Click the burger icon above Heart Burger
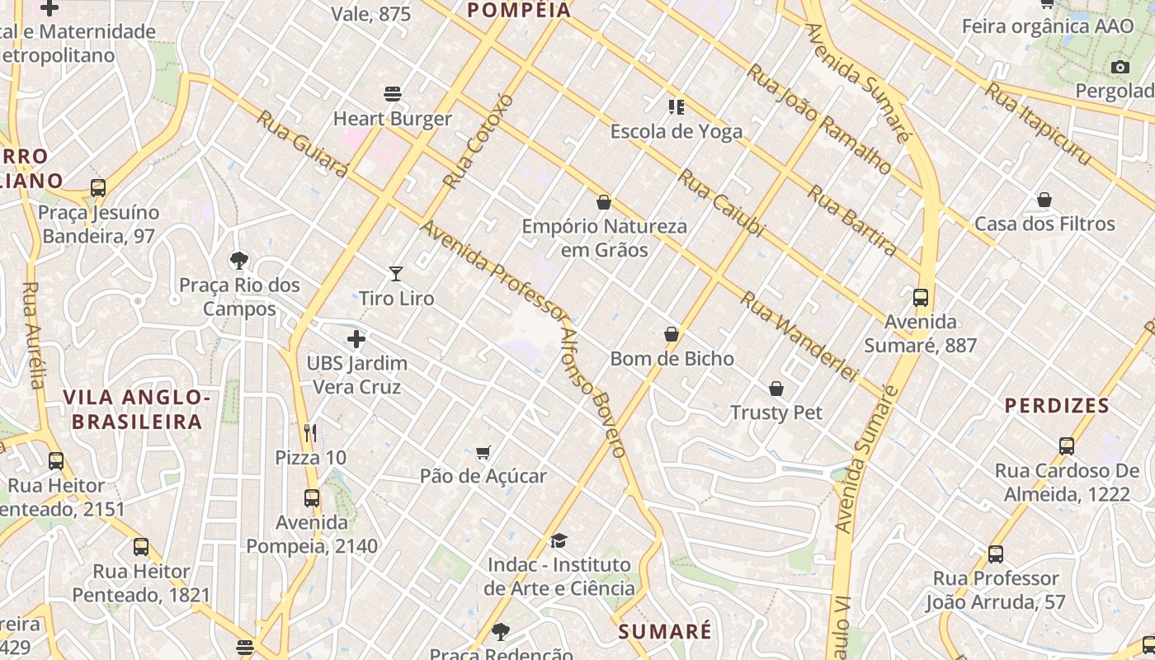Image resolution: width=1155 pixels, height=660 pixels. (393, 94)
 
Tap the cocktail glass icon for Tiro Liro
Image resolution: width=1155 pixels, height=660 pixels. (396, 274)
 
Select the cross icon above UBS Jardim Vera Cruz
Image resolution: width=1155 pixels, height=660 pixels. (356, 339)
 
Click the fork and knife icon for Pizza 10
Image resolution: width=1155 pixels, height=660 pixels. (310, 433)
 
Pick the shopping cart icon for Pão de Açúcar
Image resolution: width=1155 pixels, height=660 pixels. (483, 452)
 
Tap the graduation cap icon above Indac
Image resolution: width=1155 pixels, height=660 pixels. (559, 540)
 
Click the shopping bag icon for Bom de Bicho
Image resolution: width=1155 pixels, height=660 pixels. (672, 334)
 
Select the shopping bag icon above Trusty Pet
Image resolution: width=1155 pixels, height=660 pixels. (776, 388)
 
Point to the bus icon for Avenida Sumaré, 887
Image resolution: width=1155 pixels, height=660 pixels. (921, 298)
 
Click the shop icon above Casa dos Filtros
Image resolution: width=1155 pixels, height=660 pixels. (1044, 200)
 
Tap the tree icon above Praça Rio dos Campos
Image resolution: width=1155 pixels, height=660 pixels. (239, 261)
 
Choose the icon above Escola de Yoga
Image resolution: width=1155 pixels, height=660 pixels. (676, 106)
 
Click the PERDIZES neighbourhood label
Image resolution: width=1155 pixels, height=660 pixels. (1057, 406)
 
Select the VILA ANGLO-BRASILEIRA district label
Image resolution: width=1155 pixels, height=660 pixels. (137, 410)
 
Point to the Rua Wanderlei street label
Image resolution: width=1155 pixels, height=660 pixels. (799, 336)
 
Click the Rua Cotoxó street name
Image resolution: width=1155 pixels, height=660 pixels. (478, 141)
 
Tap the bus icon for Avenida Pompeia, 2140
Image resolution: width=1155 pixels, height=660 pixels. (312, 498)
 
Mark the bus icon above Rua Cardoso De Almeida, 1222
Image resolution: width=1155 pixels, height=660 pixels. (1067, 446)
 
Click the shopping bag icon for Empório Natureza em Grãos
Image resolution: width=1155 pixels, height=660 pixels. (604, 202)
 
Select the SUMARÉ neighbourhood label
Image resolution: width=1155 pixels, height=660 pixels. (665, 632)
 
